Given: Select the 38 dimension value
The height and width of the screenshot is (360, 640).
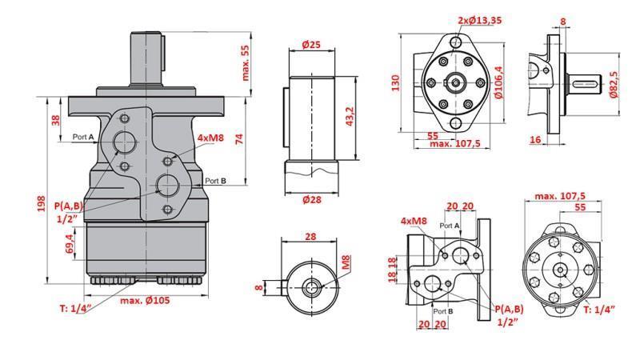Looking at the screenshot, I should pos(55,121).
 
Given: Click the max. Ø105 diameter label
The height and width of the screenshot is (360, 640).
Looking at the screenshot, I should pos(147,300).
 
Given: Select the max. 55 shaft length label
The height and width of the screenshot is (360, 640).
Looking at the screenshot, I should pos(246,63).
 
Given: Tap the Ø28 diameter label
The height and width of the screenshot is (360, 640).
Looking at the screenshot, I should pos(311,199).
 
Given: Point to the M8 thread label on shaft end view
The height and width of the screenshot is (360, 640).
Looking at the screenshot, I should pos(346,262).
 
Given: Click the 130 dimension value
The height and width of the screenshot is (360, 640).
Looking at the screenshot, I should pos(395,84).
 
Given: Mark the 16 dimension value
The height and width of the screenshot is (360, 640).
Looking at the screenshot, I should pos(534,139).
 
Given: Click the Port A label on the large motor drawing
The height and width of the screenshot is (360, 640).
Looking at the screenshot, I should pos(83,138).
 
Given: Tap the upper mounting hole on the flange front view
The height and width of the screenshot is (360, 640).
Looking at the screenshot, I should pos(456,42).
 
